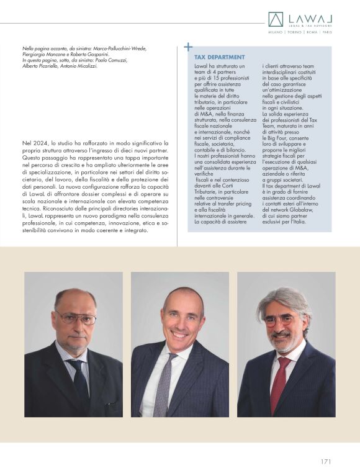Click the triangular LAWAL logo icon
275,19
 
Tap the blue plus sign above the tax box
189,46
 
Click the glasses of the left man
76,318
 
